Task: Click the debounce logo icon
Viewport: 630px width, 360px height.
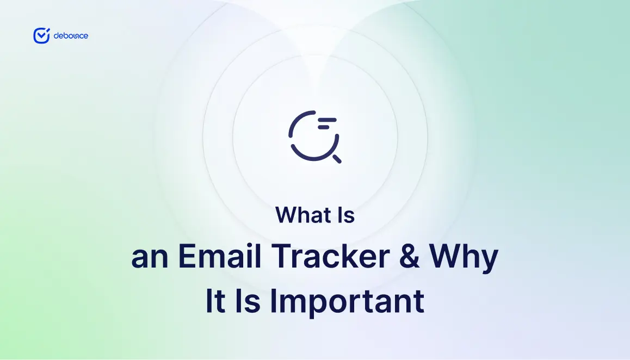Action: pyautogui.click(x=41, y=36)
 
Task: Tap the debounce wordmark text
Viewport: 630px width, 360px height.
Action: pyautogui.click(x=71, y=36)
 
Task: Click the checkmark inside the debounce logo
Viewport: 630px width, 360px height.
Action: pyautogui.click(x=42, y=35)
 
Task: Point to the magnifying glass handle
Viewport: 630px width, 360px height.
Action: pyautogui.click(x=337, y=159)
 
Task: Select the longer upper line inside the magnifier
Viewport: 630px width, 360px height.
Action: pyautogui.click(x=326, y=120)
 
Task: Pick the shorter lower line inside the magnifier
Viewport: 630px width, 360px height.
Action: pyautogui.click(x=324, y=127)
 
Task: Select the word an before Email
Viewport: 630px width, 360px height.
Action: pyautogui.click(x=150, y=258)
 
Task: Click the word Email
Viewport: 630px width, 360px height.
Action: pyautogui.click(x=220, y=256)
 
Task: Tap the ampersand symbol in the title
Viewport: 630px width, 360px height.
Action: pyautogui.click(x=410, y=256)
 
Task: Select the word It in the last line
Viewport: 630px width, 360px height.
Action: pyautogui.click(x=215, y=300)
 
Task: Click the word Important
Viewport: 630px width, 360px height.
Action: pyautogui.click(x=347, y=303)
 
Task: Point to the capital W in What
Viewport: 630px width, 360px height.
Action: pyautogui.click(x=288, y=215)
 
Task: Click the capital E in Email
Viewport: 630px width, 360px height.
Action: pyautogui.click(x=187, y=256)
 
